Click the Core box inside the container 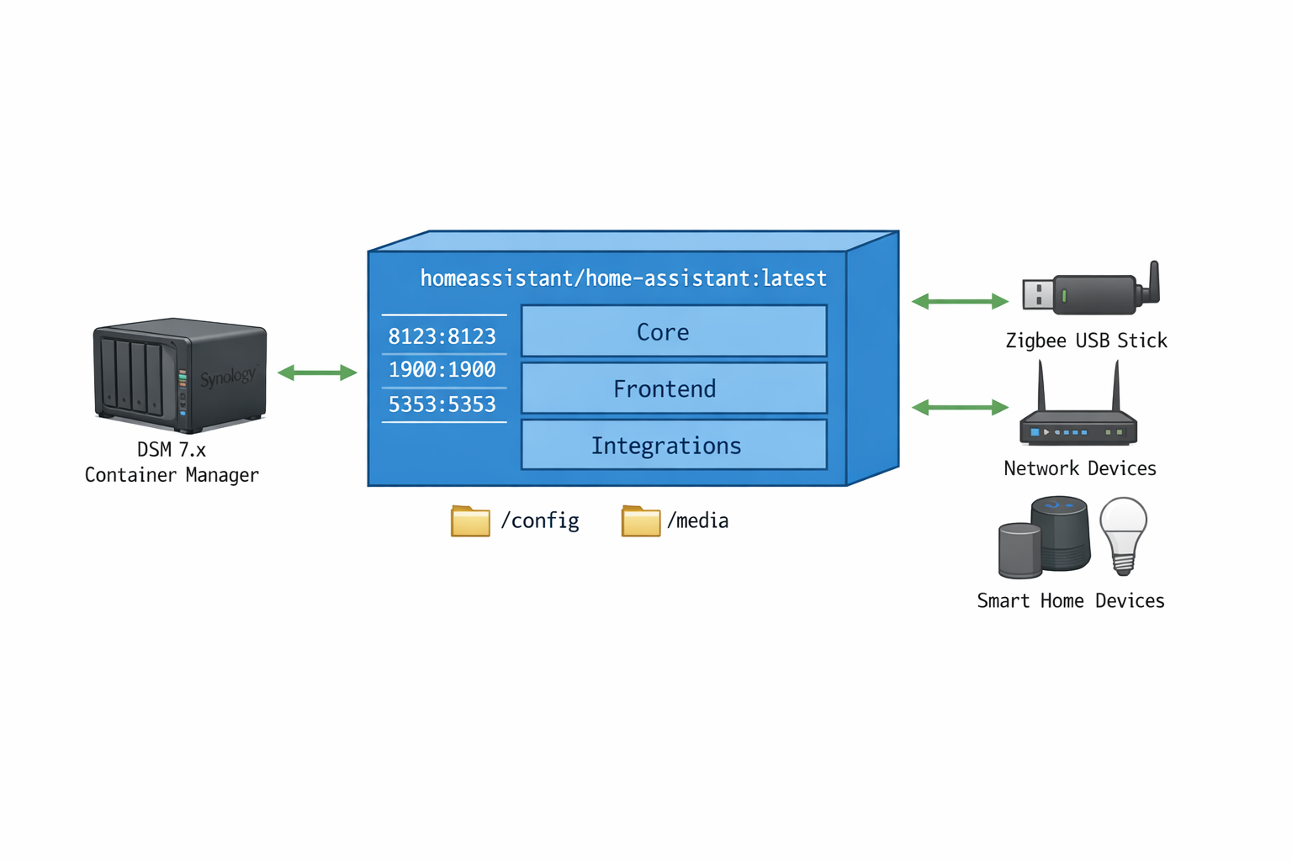tap(674, 331)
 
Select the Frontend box tap(674, 388)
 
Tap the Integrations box tap(674, 445)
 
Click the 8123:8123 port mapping tap(442, 336)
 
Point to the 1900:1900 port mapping tap(442, 370)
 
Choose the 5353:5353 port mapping tap(442, 404)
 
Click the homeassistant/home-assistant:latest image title tap(623, 278)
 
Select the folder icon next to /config tap(470, 521)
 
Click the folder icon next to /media tap(640, 521)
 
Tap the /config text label tap(540, 521)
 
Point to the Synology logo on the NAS tap(227, 377)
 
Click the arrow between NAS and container tap(317, 372)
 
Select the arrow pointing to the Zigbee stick tap(960, 301)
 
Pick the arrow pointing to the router tap(960, 408)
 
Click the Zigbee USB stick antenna tap(1154, 280)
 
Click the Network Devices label tap(1080, 468)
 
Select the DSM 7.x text tap(172, 450)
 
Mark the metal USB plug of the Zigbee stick tap(1037, 295)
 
